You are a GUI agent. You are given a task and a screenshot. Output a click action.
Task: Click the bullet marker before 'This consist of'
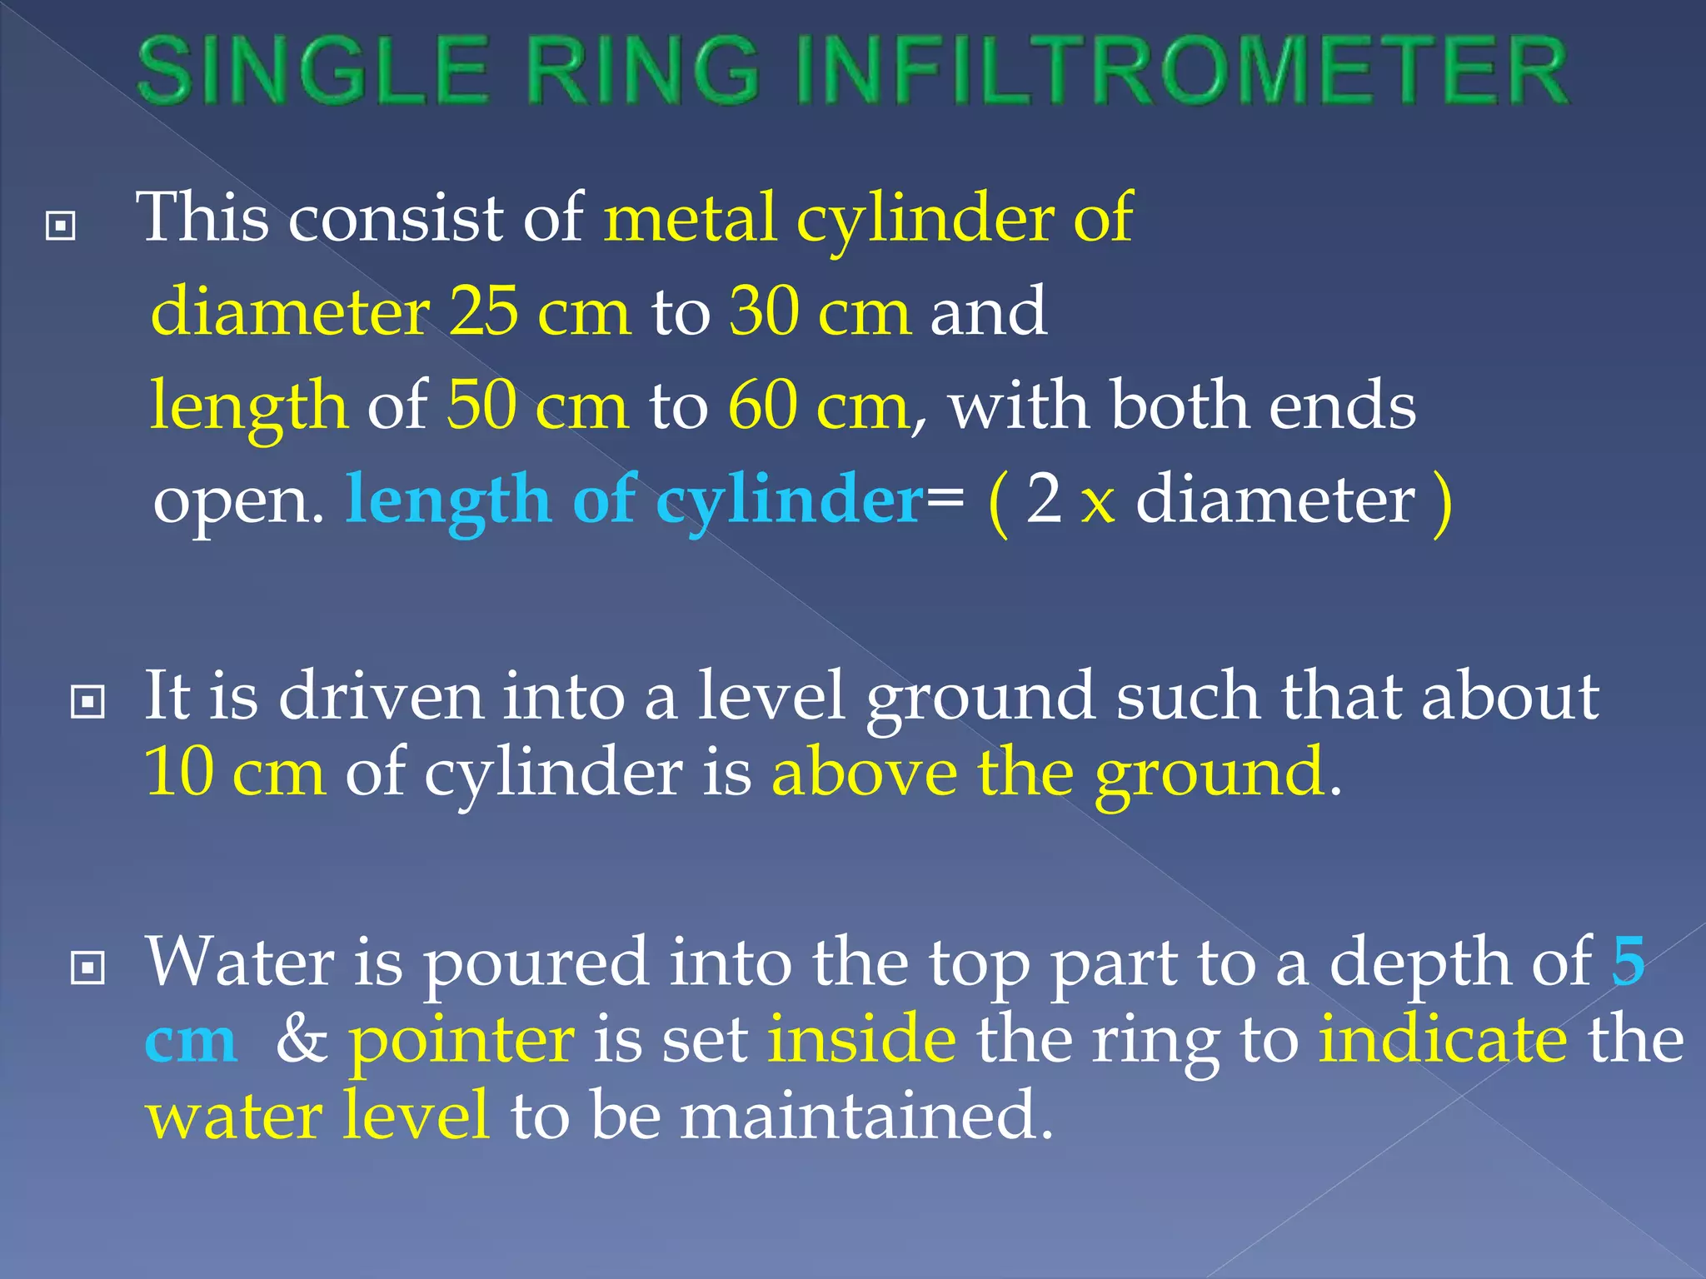[x=61, y=225]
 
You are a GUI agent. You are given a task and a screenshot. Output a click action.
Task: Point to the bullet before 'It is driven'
[x=88, y=701]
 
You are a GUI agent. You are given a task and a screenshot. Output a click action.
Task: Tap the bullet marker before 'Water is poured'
[x=88, y=968]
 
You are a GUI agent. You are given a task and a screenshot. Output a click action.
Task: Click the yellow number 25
[x=483, y=311]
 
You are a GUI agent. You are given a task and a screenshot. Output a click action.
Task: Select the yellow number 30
[x=763, y=311]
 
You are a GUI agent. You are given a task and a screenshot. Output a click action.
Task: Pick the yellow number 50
[x=481, y=406]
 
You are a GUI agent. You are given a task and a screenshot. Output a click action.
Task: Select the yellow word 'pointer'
[x=461, y=1041]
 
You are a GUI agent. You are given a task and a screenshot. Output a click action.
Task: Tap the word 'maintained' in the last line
[x=866, y=1116]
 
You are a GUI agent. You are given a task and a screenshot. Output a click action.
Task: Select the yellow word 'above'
[x=865, y=772]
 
